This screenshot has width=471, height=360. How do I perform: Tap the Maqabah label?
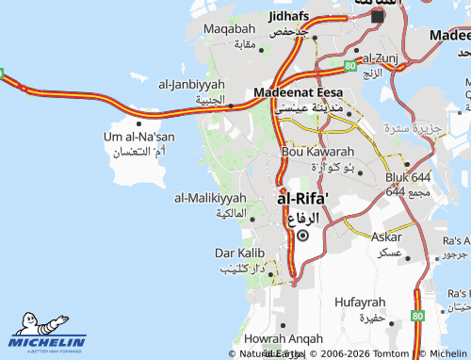tap(229, 30)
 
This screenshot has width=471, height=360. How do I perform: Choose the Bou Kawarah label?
tap(317, 152)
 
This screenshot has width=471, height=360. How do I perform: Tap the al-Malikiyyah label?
tap(210, 198)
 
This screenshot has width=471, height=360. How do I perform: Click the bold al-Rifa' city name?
tap(303, 200)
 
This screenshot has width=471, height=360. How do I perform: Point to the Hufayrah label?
tap(360, 302)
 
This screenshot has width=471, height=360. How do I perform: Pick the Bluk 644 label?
tap(407, 177)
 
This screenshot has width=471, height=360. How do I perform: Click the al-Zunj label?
tap(382, 57)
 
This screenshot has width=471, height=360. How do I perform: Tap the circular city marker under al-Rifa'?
tap(302, 237)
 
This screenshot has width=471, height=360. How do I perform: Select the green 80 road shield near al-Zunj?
tap(349, 66)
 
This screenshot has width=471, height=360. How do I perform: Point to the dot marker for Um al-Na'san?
tap(139, 122)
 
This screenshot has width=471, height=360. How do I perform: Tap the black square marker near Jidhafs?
tap(378, 16)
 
